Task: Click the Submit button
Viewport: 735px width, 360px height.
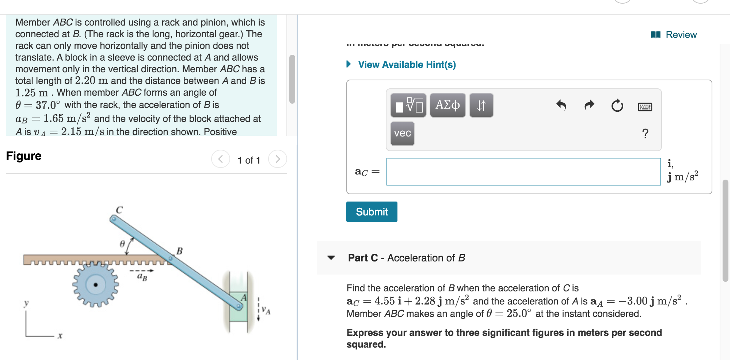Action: click(372, 212)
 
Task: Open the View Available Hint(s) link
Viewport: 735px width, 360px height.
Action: click(407, 65)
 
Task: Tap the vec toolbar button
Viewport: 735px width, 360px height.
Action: click(402, 133)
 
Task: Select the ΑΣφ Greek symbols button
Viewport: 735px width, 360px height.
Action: click(448, 105)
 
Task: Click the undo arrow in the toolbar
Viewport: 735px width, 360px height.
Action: click(561, 106)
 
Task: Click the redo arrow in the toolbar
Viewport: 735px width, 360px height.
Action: click(589, 106)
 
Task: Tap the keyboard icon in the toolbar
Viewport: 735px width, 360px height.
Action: click(645, 107)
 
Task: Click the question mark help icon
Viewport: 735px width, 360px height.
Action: click(645, 134)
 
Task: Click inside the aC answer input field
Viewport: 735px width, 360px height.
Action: click(523, 172)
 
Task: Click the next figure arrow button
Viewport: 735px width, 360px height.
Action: click(278, 159)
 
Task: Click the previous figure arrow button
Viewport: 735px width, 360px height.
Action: click(221, 159)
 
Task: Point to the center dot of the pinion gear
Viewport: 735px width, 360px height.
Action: click(96, 284)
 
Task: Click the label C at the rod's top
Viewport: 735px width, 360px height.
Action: click(119, 210)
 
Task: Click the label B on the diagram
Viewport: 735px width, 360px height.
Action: click(179, 251)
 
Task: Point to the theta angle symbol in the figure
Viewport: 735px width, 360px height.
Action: click(122, 243)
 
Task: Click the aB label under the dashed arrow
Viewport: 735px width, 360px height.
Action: click(142, 277)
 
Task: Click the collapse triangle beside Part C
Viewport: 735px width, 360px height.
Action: click(331, 258)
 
